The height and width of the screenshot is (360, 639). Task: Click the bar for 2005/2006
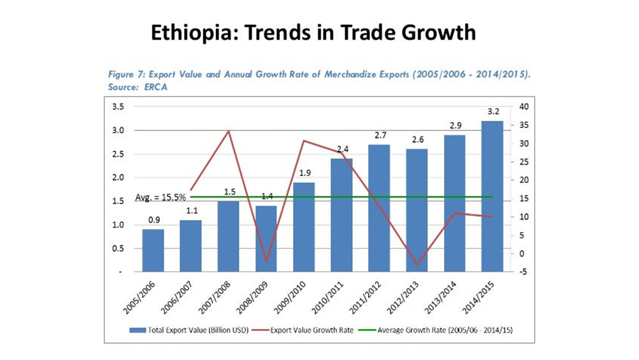[153, 250]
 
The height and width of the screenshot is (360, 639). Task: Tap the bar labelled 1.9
[304, 227]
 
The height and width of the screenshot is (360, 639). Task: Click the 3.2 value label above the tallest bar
[492, 112]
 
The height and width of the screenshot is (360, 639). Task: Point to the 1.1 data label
[190, 211]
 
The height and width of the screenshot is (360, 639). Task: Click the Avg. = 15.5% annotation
[160, 198]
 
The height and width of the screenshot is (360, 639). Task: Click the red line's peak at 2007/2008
[228, 131]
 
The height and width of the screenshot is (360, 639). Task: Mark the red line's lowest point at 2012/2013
[417, 264]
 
